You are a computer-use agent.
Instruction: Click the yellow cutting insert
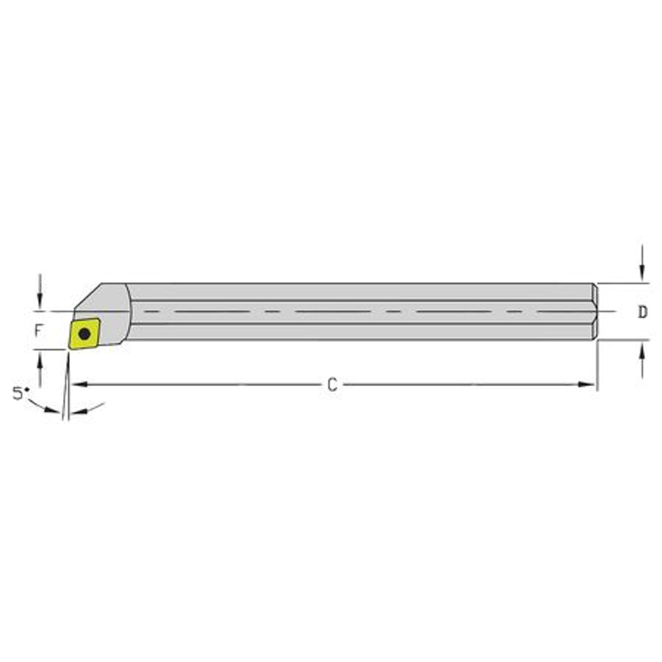click(84, 334)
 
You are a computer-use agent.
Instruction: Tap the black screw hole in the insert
click(84, 334)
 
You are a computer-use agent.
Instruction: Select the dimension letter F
click(38, 331)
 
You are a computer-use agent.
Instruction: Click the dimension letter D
click(642, 312)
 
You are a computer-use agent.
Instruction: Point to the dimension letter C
click(332, 385)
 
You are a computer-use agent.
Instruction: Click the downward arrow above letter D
click(642, 272)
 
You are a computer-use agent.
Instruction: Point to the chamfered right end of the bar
click(595, 312)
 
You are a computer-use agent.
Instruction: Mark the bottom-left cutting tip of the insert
click(70, 349)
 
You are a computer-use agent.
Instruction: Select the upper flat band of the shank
click(362, 291)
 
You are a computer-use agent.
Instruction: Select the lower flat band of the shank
click(362, 332)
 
